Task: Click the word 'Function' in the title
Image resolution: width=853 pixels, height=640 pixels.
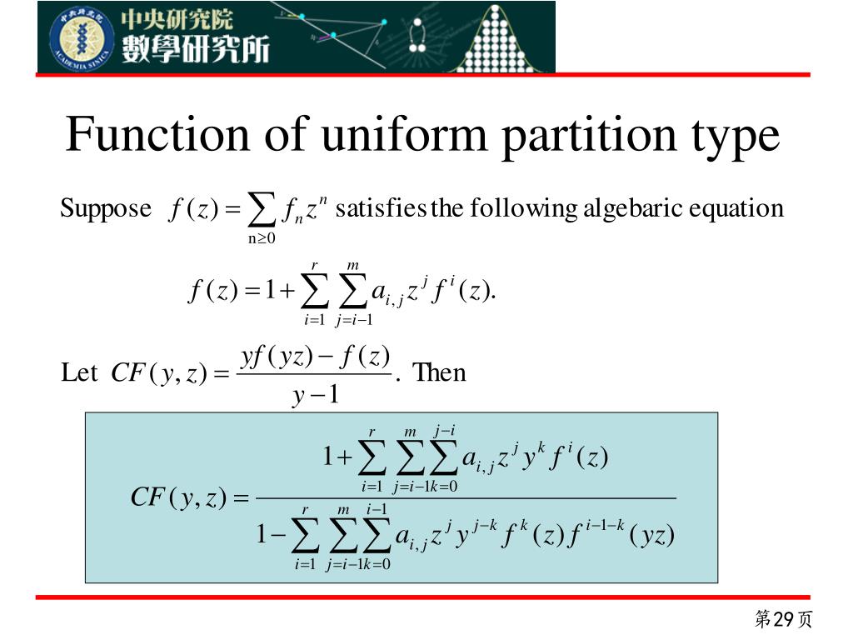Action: pyautogui.click(x=157, y=134)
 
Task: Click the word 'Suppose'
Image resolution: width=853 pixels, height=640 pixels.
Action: pyautogui.click(x=105, y=208)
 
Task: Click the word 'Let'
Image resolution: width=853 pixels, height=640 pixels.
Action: pyautogui.click(x=79, y=372)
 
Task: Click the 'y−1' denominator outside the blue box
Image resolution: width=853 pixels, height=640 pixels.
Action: pyautogui.click(x=315, y=394)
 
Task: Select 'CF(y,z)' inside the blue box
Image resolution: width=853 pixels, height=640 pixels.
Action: pyautogui.click(x=179, y=498)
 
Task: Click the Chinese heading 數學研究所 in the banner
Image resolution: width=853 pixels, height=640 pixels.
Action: pyautogui.click(x=195, y=50)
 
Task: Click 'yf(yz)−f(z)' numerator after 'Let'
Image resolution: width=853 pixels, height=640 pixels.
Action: pyautogui.click(x=315, y=357)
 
